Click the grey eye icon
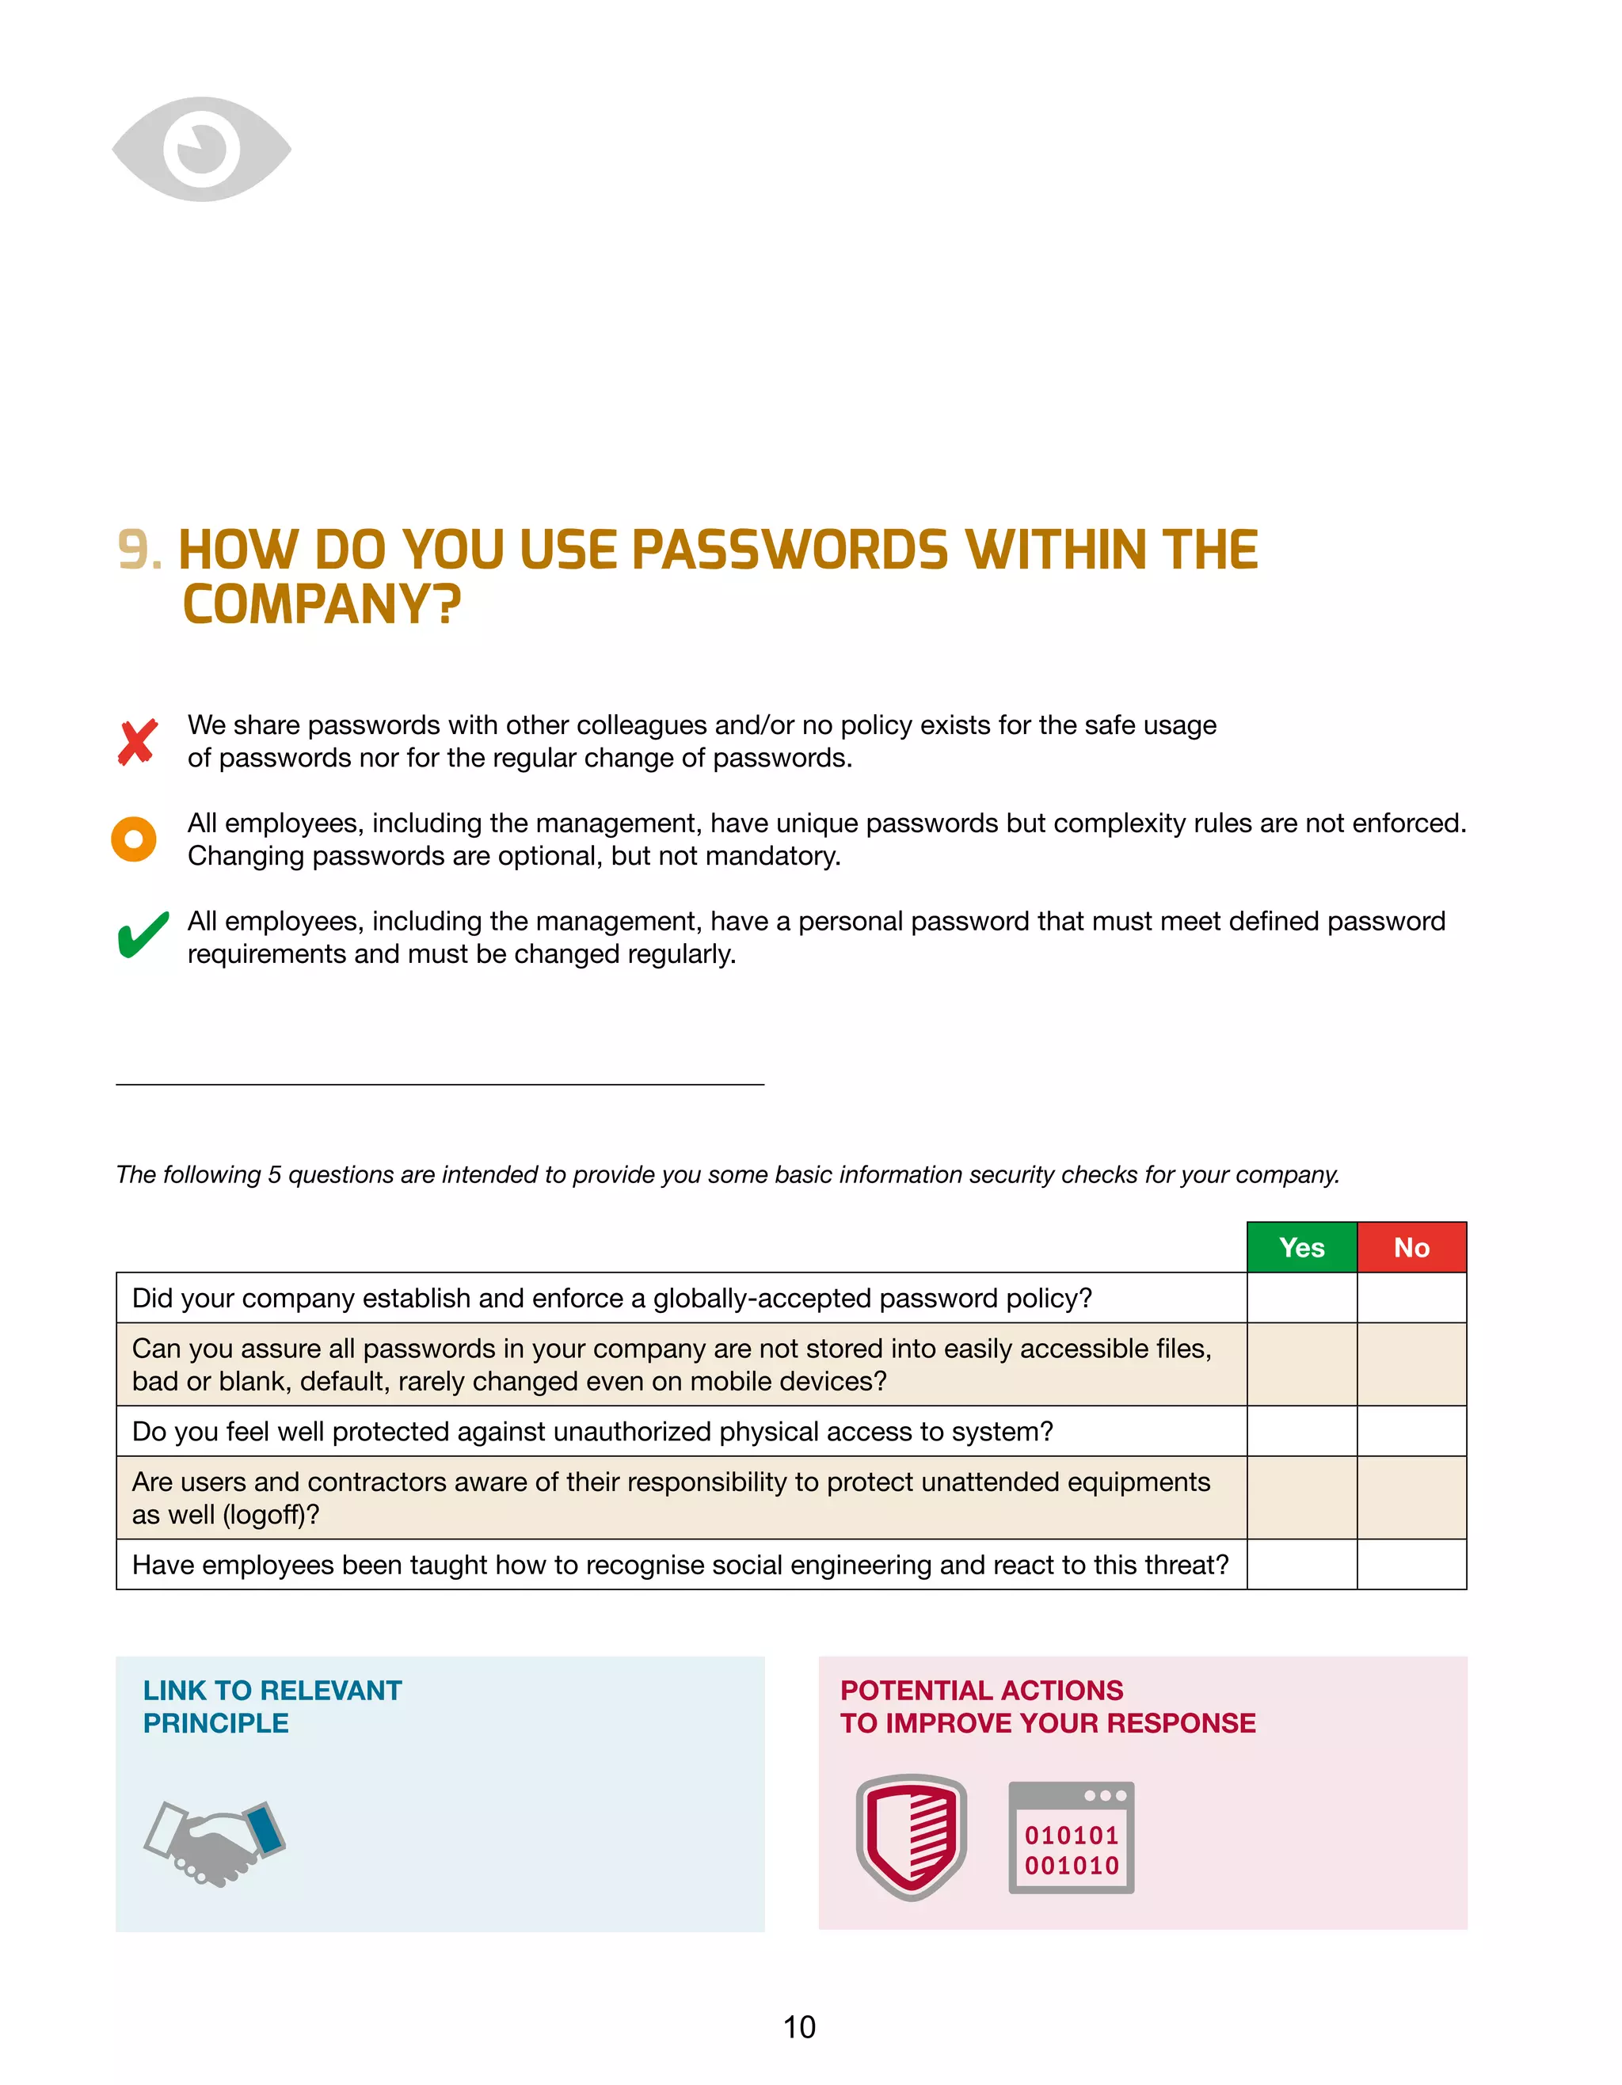click(x=201, y=149)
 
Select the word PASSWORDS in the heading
click(x=790, y=551)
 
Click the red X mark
click(x=138, y=743)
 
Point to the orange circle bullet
click(x=134, y=839)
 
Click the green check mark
click(x=143, y=935)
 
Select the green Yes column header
click(x=1301, y=1248)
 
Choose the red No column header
click(x=1411, y=1248)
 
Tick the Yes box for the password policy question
click(x=1301, y=1299)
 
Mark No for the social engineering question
click(x=1411, y=1565)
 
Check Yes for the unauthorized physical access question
click(x=1301, y=1431)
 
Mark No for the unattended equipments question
click(x=1411, y=1498)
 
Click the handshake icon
click(x=215, y=1843)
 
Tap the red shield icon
click(x=911, y=1837)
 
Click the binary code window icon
click(x=1071, y=1837)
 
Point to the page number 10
click(x=799, y=2026)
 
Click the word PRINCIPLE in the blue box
click(x=215, y=1723)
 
